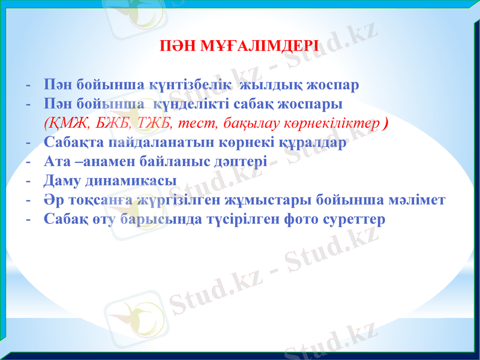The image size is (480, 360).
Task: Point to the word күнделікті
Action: coord(198,104)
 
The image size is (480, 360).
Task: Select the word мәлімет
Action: coord(418,200)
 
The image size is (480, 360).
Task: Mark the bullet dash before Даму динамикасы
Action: coord(28,181)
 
